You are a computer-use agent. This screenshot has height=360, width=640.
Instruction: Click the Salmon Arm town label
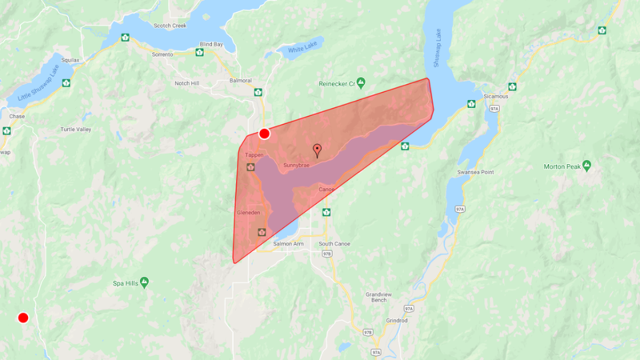tap(288, 244)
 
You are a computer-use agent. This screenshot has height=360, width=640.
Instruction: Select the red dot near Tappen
tap(264, 134)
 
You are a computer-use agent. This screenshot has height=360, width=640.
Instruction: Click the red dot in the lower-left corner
tap(23, 318)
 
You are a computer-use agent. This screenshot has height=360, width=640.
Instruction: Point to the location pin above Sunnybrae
tap(317, 150)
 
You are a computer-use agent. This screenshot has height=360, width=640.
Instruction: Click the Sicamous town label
tap(496, 97)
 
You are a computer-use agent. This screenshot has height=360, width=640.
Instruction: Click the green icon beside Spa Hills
tap(145, 281)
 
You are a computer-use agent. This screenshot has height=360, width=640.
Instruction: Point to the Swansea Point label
tap(476, 172)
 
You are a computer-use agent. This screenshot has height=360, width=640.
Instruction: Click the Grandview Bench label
tap(379, 297)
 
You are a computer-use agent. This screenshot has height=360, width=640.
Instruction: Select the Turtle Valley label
tap(76, 130)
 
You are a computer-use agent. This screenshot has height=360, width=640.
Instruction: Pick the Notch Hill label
tap(186, 83)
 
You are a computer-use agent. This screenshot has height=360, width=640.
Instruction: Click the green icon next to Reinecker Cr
tap(361, 82)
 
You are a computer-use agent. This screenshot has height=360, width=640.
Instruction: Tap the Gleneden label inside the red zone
tap(249, 212)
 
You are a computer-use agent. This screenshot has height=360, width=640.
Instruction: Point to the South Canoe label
tap(334, 244)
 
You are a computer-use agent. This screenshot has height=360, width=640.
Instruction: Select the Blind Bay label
tap(210, 44)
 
